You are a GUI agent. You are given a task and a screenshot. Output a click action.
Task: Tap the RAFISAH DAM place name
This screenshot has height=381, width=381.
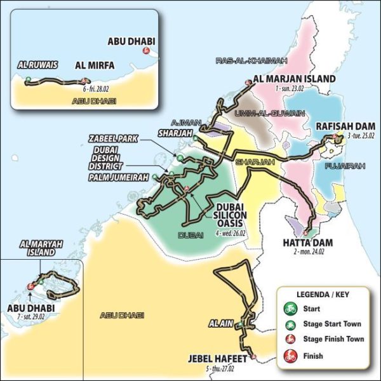340,126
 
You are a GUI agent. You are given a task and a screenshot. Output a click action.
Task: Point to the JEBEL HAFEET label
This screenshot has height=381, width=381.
220,358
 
